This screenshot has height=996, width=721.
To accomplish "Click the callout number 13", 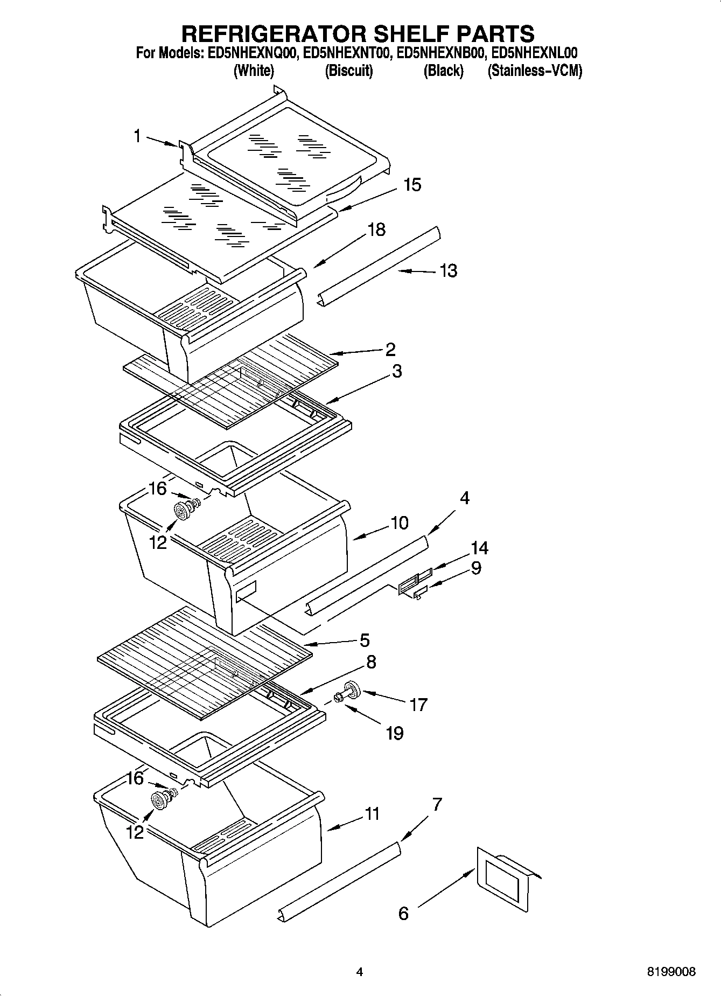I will [448, 270].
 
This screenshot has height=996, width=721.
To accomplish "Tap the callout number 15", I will [412, 185].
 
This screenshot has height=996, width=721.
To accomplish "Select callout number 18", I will [376, 229].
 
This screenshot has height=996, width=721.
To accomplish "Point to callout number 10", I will [399, 523].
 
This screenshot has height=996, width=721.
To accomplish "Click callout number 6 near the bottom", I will [403, 913].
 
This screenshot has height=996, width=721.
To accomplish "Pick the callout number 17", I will [418, 705].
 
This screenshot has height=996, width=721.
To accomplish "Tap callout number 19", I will [394, 733].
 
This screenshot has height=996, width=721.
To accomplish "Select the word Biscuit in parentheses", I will [349, 71].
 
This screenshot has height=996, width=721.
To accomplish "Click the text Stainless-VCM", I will [535, 71].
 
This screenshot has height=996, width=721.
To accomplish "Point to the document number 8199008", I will [671, 972].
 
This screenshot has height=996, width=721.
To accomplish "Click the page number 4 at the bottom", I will [360, 972].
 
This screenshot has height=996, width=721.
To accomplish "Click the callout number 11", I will [372, 813].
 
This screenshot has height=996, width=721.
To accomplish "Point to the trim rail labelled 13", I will [380, 264].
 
